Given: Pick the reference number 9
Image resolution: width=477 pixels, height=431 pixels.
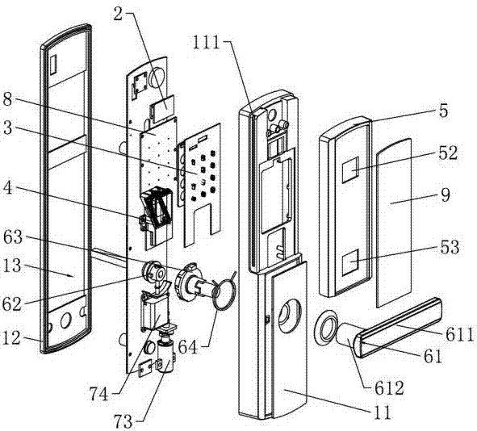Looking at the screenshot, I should pos(443,194).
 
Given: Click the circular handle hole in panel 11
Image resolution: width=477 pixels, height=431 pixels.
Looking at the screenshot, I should pos(290,316).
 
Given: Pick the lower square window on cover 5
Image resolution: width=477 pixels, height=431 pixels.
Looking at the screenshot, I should pos(351,262).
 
